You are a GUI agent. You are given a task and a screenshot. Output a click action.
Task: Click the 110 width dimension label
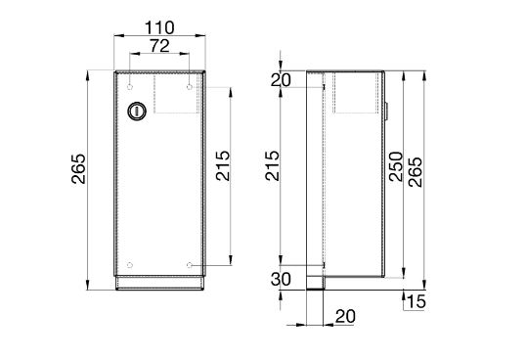pyautogui.click(x=159, y=27)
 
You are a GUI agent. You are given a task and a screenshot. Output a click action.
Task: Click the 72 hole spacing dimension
pyautogui.click(x=159, y=46)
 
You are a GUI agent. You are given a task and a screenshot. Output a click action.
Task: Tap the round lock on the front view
pyautogui.click(x=137, y=111)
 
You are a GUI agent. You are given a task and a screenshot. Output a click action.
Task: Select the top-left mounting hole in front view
pyautogui.click(x=130, y=87)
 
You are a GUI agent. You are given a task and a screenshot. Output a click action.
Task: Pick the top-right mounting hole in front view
pyautogui.click(x=190, y=87)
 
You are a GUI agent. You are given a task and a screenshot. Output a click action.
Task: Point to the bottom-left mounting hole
pyautogui.click(x=130, y=265)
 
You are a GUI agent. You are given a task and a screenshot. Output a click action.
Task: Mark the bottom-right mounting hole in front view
pyautogui.click(x=190, y=265)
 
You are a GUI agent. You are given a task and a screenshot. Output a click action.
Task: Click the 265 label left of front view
pyautogui.click(x=78, y=169)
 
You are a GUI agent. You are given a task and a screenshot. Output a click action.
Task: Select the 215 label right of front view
pyautogui.click(x=223, y=165)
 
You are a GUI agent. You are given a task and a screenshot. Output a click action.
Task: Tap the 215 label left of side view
pyautogui.click(x=272, y=165)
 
